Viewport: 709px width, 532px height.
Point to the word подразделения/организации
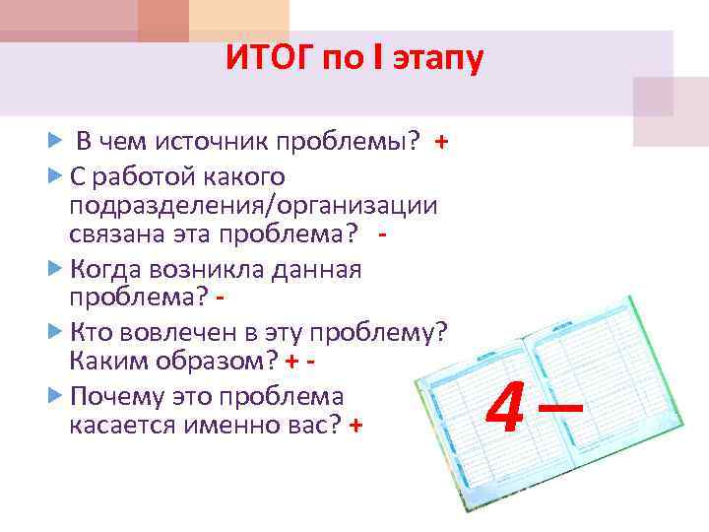click(253, 206)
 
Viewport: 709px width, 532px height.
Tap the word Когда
click(105, 269)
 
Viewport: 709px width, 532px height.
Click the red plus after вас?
click(355, 425)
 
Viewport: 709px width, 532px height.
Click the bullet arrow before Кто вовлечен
click(55, 331)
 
